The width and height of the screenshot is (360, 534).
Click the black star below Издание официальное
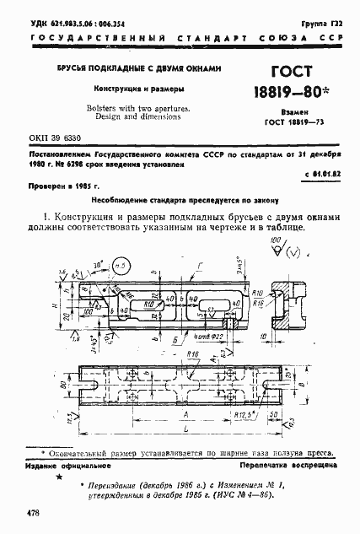58,478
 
